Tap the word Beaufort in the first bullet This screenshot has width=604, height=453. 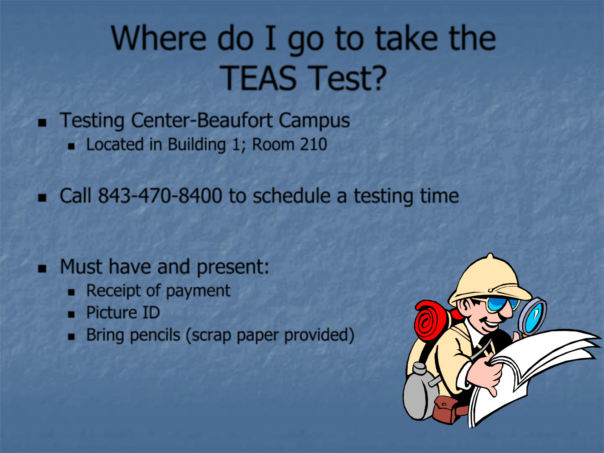click(x=235, y=120)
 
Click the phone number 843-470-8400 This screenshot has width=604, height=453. click(x=160, y=196)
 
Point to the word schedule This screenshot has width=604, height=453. click(x=292, y=196)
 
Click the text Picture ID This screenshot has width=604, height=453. click(x=123, y=312)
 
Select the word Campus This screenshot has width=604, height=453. click(x=314, y=121)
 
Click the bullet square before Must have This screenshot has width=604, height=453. click(x=42, y=268)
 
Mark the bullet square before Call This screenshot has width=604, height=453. click(x=42, y=198)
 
